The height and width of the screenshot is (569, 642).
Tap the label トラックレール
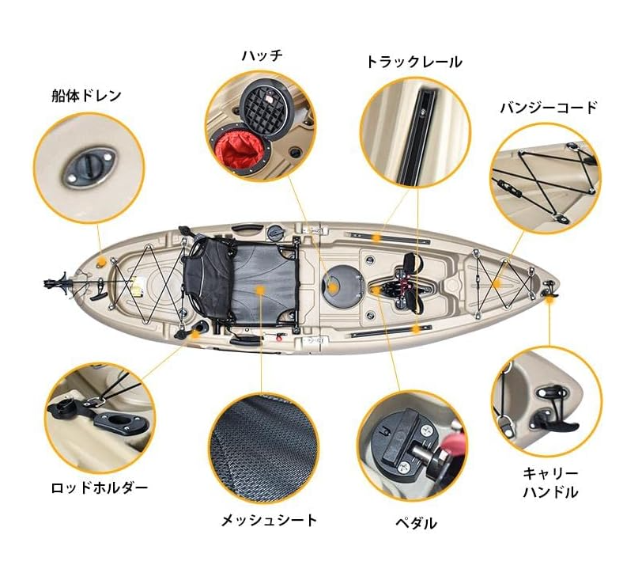click(413, 62)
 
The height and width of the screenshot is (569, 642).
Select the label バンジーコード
click(548, 108)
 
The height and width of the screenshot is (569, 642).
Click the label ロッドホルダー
click(99, 487)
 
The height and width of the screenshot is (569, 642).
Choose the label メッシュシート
click(269, 520)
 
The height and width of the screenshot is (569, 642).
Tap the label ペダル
click(415, 523)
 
